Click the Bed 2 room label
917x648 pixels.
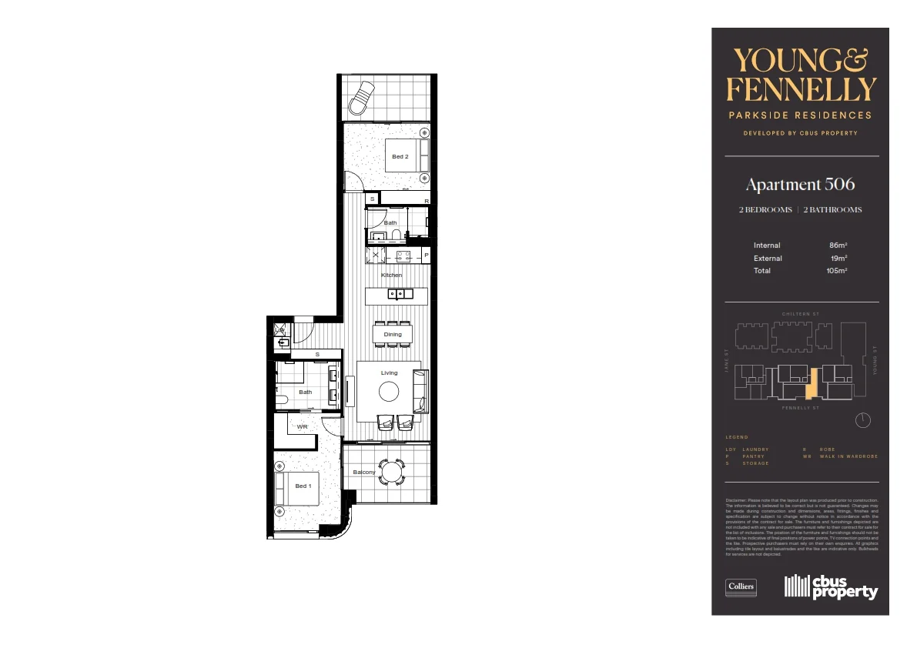tap(400, 157)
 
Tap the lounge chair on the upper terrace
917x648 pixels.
tap(361, 98)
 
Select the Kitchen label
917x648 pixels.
tap(391, 275)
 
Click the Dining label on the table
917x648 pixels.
tap(393, 335)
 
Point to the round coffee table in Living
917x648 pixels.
tap(389, 392)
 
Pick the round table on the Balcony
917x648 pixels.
tap(393, 472)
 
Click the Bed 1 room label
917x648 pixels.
tap(303, 486)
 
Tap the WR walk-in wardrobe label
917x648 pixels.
tap(303, 426)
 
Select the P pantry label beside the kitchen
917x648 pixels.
tap(425, 256)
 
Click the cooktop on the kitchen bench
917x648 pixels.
tap(403, 256)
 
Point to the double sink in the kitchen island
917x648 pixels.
tap(400, 293)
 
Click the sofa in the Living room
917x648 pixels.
tap(420, 391)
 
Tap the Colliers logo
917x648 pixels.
tap(741, 587)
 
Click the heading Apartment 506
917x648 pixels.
tap(800, 185)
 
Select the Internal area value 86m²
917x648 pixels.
tap(838, 246)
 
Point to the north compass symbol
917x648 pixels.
tap(863, 420)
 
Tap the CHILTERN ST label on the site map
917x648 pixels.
tap(799, 314)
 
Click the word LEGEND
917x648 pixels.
tap(737, 437)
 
